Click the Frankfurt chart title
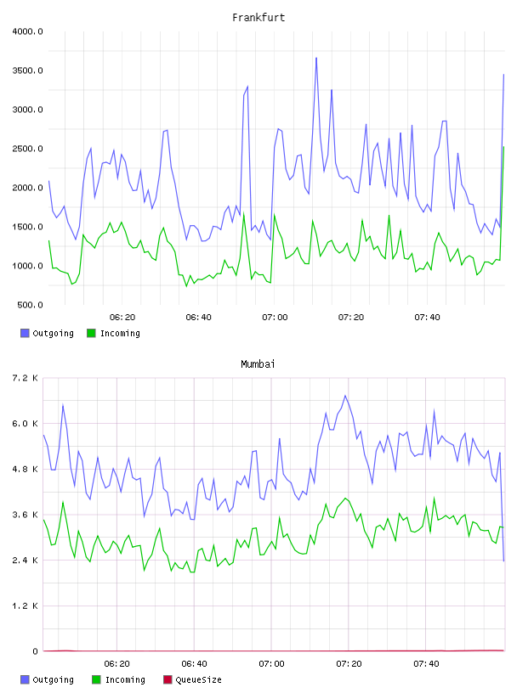258,18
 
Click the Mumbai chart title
258,364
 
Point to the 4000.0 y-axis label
27,31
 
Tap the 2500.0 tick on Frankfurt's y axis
27,149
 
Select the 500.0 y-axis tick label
30,305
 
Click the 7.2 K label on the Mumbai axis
26,378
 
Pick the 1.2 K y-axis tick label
26,606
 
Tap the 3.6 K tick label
26,515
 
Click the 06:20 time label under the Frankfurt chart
122,318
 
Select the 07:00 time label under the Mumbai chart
271,664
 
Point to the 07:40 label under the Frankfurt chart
427,318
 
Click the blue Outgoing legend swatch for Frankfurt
25,333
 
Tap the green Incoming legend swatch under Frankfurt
91,333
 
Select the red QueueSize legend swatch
168,679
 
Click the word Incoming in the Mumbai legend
125,679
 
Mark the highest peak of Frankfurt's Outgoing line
316,58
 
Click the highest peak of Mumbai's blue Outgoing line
345,396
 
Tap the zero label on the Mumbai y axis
35,651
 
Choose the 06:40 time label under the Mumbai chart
194,664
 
